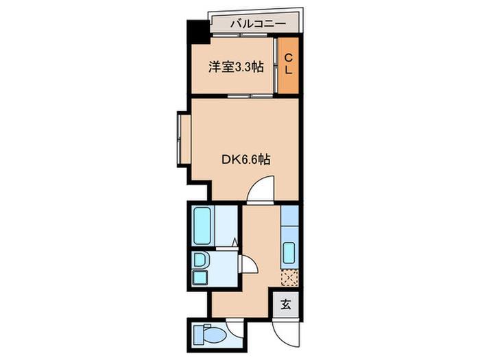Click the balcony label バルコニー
tap(257, 23)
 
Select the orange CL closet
tap(289, 64)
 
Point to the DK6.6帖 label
tap(245, 160)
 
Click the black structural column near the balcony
tap(197, 33)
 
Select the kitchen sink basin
tap(289, 255)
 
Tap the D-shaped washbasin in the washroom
tap(200, 260)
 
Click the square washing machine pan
tap(200, 278)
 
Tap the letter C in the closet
tap(289, 57)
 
